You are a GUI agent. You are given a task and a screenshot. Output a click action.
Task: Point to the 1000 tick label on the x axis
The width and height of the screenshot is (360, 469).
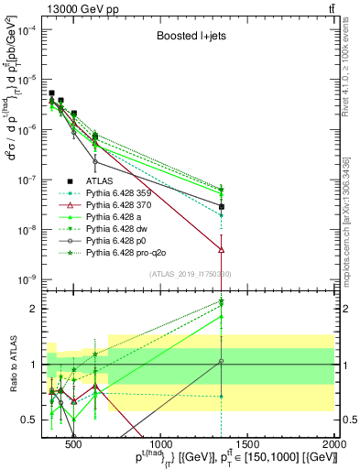coord(159,445)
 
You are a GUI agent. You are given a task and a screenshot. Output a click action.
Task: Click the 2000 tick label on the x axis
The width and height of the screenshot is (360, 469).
coord(333,445)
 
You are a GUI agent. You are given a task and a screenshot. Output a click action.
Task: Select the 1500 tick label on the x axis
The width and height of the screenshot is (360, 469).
coord(246,445)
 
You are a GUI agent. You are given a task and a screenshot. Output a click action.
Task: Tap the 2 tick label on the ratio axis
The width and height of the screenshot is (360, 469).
coord(36,309)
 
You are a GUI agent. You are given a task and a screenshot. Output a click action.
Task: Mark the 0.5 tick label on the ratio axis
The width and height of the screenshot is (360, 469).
coord(31,420)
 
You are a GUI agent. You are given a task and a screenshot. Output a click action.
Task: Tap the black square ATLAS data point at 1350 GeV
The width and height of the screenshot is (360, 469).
coord(223,207)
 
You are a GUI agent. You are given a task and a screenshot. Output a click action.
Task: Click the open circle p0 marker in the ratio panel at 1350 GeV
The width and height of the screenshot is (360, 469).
coord(223,361)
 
